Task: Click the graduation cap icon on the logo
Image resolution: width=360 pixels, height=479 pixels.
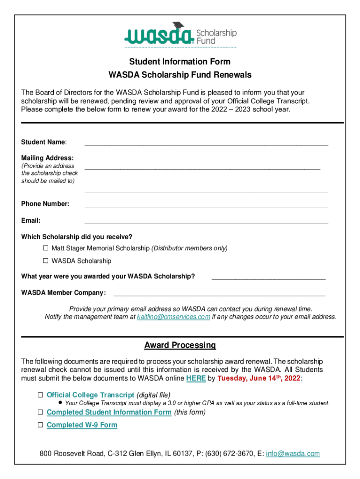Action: coord(178,26)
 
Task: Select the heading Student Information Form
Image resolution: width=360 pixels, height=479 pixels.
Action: coord(180,62)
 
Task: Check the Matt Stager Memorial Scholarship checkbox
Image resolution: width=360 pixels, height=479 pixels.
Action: coord(46,248)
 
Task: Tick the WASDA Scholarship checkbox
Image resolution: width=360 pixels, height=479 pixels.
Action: coord(46,261)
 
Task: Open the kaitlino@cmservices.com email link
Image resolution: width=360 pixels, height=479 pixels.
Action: coord(173,317)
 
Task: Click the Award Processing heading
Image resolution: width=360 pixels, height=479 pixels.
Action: coord(180,346)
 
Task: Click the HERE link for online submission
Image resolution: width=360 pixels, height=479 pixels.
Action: coord(196,378)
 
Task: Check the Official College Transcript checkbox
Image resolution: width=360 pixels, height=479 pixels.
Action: coord(41,395)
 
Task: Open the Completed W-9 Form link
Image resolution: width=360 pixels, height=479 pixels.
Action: coord(82,425)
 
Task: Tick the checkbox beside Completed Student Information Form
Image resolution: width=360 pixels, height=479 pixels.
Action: coord(41,412)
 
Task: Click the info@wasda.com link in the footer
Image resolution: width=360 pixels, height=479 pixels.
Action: coord(293,454)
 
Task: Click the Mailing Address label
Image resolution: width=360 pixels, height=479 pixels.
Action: coord(47,158)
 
